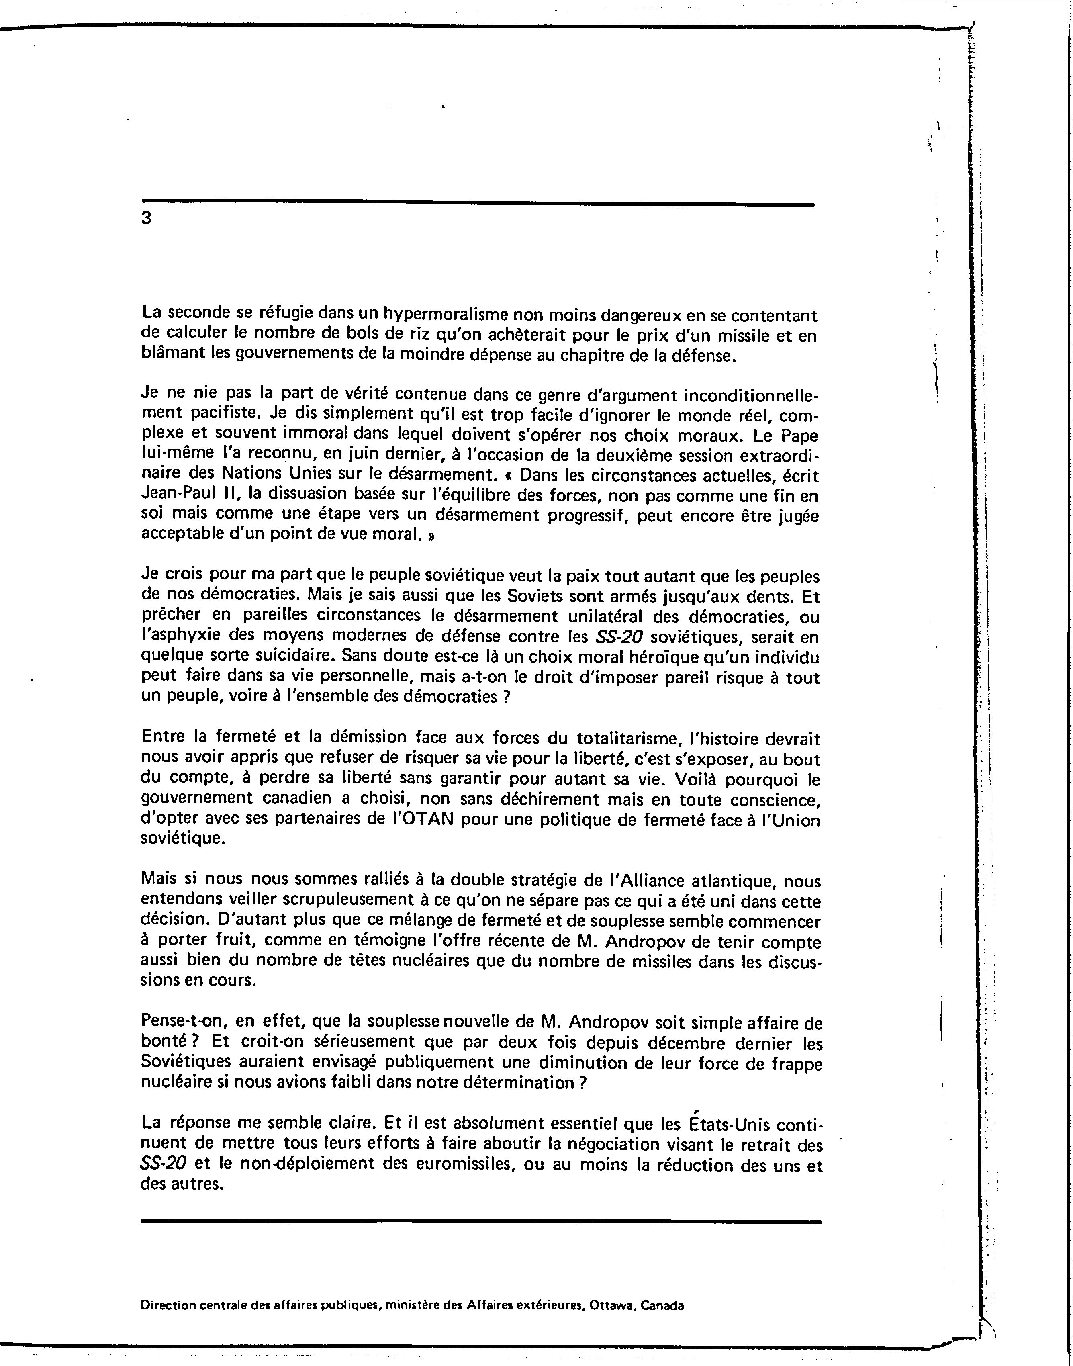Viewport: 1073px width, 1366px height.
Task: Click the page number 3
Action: tap(146, 218)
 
